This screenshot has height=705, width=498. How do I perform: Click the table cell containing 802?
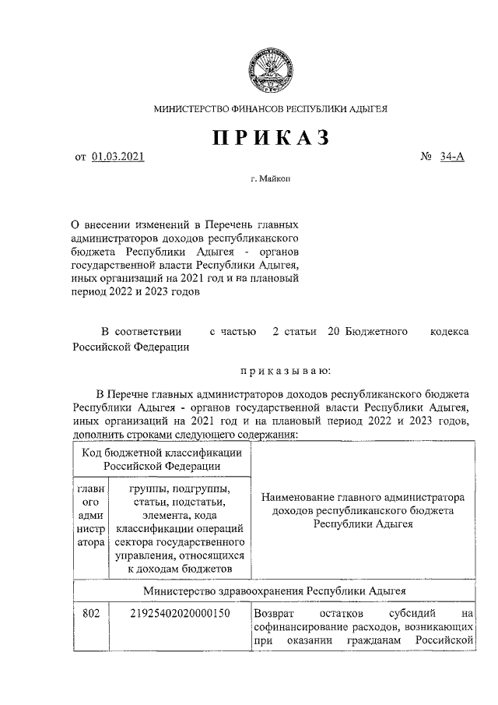(x=91, y=614)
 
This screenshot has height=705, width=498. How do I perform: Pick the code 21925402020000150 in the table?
(x=181, y=614)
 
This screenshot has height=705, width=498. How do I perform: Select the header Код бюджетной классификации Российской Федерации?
(x=163, y=459)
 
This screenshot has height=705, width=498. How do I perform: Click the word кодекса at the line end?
(x=450, y=332)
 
